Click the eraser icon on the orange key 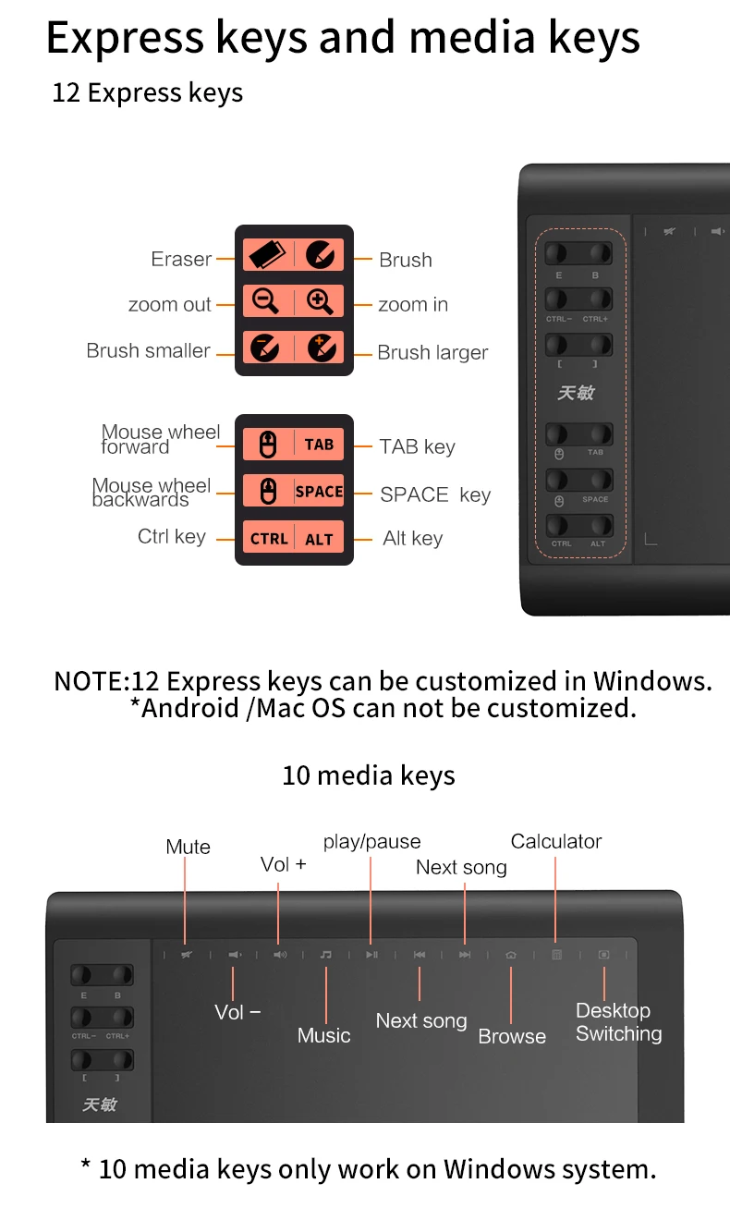pos(268,254)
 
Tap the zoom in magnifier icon pos(320,301)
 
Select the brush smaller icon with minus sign pos(266,348)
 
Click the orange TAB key pos(319,445)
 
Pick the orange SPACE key pos(319,492)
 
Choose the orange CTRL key pos(269,539)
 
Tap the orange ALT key pos(319,539)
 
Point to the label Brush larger pos(432,353)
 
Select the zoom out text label pos(170,305)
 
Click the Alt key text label pos(412,539)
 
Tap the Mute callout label pos(188,847)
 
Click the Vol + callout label pos(283,864)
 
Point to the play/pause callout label pos(371,842)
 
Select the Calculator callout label pos(555,841)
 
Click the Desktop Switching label pos(618,1022)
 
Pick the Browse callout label pos(512,1036)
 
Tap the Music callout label pos(323,1035)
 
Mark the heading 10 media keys pos(368,775)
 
